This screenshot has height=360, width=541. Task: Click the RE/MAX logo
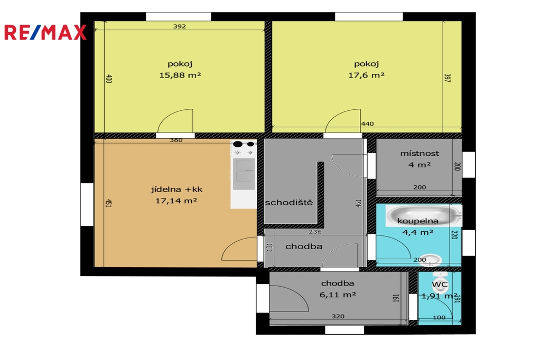click(x=45, y=32)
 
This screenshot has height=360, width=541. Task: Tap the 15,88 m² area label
click(x=180, y=75)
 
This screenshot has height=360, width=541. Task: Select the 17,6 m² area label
click(x=367, y=75)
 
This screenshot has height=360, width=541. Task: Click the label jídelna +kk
click(x=176, y=190)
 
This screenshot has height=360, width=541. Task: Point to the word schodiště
click(x=289, y=202)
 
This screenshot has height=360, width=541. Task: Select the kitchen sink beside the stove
click(x=244, y=174)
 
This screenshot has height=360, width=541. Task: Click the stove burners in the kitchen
click(x=244, y=148)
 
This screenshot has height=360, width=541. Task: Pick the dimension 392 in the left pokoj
click(x=180, y=26)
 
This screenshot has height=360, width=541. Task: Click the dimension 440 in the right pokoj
click(x=368, y=124)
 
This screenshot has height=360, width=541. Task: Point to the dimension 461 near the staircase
click(x=358, y=203)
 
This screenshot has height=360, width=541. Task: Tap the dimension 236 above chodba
click(x=315, y=232)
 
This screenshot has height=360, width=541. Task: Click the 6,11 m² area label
click(x=338, y=295)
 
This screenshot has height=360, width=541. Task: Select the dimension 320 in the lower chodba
click(x=338, y=316)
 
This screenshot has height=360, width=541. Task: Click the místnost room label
click(x=419, y=154)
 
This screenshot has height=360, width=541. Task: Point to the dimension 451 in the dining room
click(x=108, y=203)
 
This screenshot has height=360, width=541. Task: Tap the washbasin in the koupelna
click(x=430, y=260)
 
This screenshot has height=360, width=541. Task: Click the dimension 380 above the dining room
click(x=176, y=140)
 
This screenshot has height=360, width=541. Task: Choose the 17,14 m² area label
click(x=176, y=201)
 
